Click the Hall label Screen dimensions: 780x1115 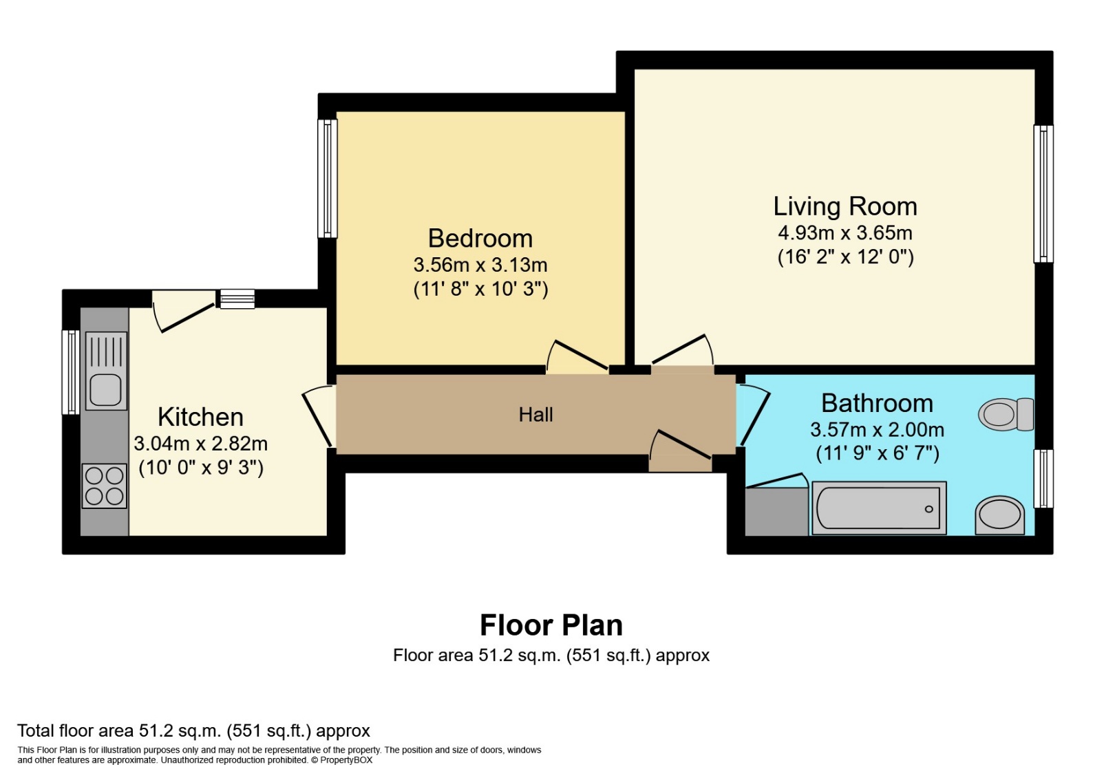point(535,414)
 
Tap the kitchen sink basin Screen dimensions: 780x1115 point(106,390)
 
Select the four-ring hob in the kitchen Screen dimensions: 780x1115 point(105,486)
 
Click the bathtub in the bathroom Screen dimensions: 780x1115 point(879,508)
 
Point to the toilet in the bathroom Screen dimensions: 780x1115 point(1006,414)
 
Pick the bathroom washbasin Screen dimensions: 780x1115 point(999,515)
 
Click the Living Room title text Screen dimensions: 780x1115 point(845,206)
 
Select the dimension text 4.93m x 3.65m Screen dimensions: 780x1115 point(845,232)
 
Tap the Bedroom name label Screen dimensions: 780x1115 point(480,239)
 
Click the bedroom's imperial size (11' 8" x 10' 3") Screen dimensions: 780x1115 point(480,289)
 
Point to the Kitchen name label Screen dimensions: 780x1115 point(200,417)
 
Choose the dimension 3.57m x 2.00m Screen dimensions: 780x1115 point(877,430)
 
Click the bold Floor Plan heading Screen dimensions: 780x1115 point(551,625)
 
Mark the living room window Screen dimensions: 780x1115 point(1043,193)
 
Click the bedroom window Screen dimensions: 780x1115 point(328,178)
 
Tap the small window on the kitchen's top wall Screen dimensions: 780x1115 point(237,299)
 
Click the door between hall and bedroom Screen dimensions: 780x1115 point(577,356)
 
